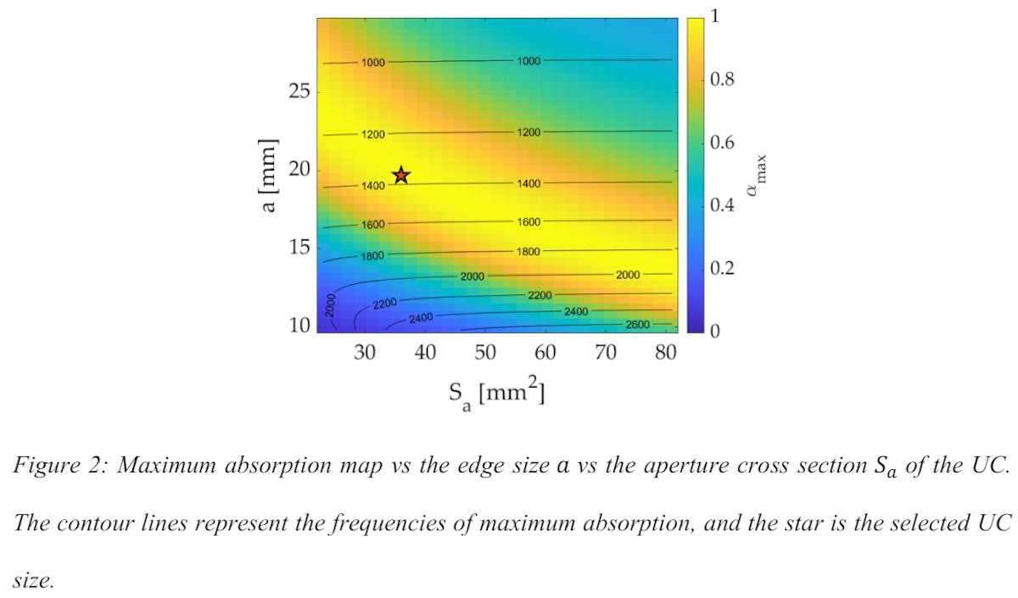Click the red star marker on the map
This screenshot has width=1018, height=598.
coord(400,176)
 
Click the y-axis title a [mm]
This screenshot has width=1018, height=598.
coord(270,175)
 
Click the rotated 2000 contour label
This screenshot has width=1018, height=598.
coord(332,307)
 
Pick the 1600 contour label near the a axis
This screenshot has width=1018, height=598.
coord(372,225)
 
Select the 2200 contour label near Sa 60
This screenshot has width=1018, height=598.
coord(540,295)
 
